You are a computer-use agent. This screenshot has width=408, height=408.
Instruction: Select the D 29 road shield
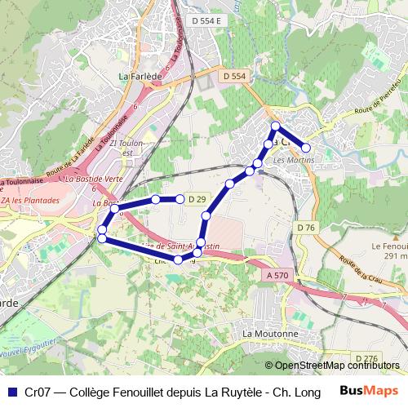point(197,199)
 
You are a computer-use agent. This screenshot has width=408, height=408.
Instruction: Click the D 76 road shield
point(306,226)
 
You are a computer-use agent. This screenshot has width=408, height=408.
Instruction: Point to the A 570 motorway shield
point(278,276)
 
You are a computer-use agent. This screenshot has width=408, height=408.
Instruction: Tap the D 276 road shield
point(366,358)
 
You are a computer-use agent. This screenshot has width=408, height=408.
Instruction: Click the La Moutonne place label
point(270,335)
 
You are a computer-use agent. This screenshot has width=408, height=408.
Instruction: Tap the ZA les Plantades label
point(31,200)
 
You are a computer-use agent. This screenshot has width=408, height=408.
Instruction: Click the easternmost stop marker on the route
point(306,148)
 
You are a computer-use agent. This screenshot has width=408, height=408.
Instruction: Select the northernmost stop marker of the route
point(276,126)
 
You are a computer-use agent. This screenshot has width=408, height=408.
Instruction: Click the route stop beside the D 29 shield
point(180,199)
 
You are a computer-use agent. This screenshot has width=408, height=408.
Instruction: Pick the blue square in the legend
point(11,391)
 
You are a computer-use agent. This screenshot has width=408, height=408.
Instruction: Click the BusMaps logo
point(364,391)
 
